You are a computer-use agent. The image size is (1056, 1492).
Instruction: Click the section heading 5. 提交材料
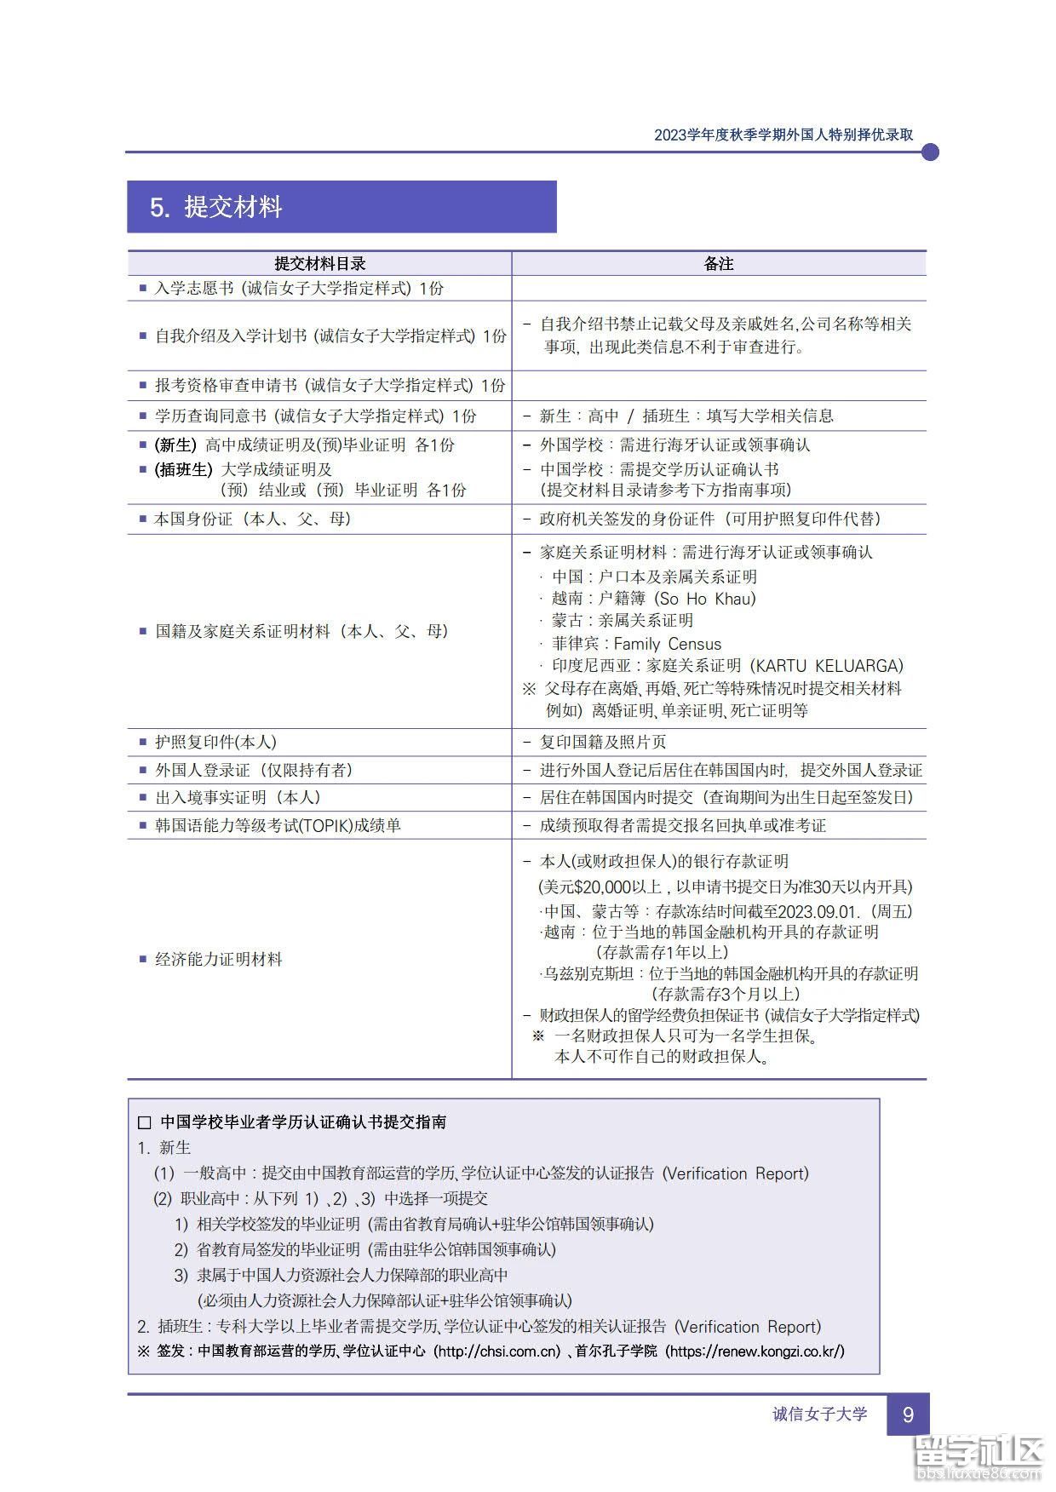point(216,208)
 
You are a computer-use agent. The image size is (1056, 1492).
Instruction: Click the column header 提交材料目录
point(319,264)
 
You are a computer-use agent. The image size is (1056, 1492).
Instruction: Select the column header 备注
point(718,264)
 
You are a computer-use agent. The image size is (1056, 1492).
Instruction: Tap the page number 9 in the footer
point(907,1415)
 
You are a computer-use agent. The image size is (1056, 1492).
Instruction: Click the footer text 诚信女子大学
point(819,1415)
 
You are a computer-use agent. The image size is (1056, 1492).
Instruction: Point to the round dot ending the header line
point(930,152)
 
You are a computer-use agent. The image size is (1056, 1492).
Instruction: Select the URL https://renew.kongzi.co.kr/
point(755,1351)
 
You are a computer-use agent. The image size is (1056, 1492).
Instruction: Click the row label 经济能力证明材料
point(218,960)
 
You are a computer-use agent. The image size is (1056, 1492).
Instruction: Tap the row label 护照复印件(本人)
point(215,743)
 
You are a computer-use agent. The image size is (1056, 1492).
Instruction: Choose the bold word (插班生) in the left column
point(183,469)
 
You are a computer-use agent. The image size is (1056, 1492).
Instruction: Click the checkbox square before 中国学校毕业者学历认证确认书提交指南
point(145,1123)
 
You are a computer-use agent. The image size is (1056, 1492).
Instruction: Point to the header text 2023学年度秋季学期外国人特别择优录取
point(783,135)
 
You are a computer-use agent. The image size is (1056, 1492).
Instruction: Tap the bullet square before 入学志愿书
point(143,288)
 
